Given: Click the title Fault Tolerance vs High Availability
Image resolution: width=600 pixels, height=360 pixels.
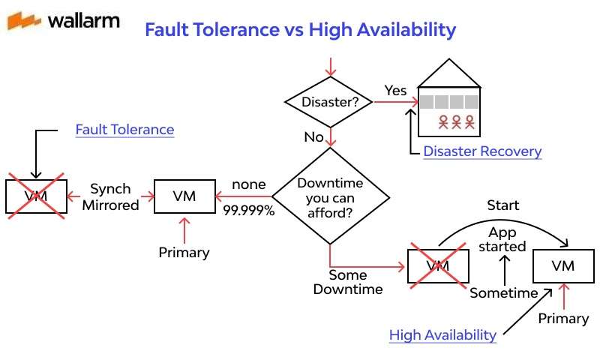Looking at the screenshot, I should tap(300, 30).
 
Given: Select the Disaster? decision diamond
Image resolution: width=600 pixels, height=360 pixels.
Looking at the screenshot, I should tap(329, 102).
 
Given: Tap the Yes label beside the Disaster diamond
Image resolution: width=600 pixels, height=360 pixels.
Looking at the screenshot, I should tap(395, 91).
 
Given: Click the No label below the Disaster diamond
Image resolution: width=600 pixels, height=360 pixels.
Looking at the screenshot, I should tap(313, 137).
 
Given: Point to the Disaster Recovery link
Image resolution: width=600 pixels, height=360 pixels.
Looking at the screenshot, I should tap(482, 151).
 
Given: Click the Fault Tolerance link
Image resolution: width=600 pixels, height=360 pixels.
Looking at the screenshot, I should tap(124, 130).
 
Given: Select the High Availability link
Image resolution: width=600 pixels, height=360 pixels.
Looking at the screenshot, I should tap(442, 335).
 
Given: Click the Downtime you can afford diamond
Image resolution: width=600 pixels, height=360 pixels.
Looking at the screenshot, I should tap(330, 196).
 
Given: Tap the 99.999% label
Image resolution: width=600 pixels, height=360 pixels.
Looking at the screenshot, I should tap(249, 211).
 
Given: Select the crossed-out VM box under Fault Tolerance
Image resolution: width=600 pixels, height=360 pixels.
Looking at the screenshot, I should tap(34, 196).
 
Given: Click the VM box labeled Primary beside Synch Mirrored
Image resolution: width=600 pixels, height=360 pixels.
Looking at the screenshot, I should tap(184, 196).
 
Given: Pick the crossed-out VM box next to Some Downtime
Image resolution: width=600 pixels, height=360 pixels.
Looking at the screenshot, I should tap(438, 265).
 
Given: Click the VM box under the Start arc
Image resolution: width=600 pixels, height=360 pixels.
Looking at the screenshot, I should tap(562, 266).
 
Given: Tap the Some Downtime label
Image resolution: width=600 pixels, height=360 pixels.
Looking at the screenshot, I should tap(348, 282).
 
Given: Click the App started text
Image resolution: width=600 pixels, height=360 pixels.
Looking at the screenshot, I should tap(502, 239).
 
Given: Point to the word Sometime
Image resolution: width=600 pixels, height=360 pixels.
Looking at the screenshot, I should tap(504, 293).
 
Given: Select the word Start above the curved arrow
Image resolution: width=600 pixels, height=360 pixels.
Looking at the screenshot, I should tap(502, 205).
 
